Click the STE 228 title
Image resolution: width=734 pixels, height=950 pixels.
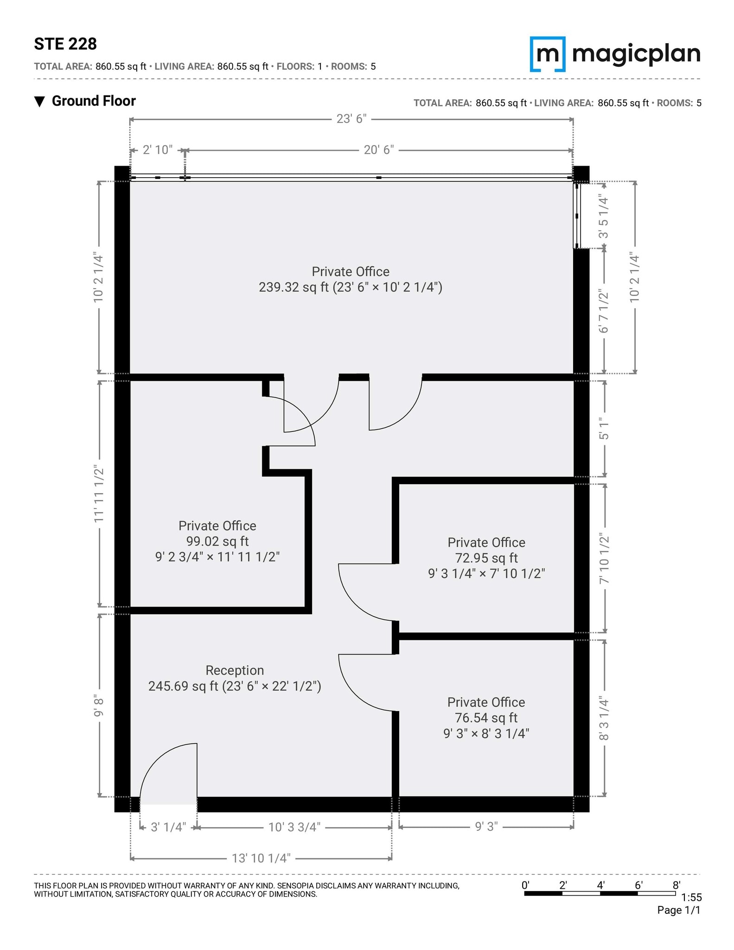click(x=65, y=44)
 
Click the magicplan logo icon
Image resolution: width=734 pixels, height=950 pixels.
click(x=548, y=54)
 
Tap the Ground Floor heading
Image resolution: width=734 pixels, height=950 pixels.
click(x=93, y=101)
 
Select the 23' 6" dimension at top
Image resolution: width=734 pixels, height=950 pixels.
click(x=351, y=119)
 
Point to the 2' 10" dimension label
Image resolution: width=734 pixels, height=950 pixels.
click(x=158, y=150)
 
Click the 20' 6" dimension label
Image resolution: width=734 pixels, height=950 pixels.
click(x=378, y=150)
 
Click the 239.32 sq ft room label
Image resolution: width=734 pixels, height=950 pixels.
click(x=350, y=287)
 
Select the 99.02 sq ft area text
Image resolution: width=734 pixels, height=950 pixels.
click(x=217, y=541)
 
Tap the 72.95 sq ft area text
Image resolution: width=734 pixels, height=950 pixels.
click(x=486, y=558)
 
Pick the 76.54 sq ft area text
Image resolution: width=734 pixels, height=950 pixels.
click(x=486, y=718)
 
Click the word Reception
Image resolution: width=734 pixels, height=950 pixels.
click(x=235, y=670)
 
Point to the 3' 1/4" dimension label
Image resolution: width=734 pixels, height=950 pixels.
click(x=168, y=828)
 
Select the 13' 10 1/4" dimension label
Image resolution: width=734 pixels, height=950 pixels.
click(x=261, y=859)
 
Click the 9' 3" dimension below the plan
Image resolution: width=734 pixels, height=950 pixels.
click(x=486, y=827)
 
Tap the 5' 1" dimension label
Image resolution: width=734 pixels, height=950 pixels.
click(x=604, y=430)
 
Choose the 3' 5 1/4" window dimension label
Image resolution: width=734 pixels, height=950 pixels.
click(x=604, y=216)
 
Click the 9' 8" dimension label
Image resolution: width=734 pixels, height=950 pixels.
click(x=99, y=706)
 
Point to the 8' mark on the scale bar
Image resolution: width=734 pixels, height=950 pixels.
click(x=676, y=885)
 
